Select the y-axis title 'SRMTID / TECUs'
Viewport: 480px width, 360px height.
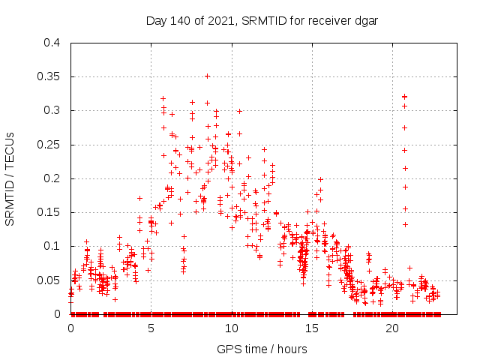point(10,178)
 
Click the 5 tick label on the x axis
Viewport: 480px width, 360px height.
point(151,328)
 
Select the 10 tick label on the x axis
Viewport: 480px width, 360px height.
point(232,328)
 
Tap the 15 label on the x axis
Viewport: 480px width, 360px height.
point(312,328)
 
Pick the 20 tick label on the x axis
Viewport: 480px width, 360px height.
point(392,328)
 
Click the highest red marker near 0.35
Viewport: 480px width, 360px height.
point(207,76)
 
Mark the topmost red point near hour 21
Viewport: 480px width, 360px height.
point(404,96)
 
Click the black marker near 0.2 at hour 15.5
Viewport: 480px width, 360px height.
point(320,179)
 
